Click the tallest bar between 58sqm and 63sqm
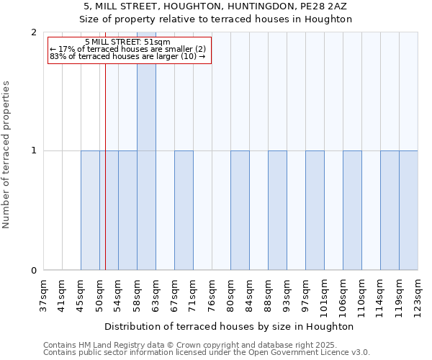click(146, 151)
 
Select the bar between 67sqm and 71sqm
click(184, 210)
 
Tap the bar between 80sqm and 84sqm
click(240, 210)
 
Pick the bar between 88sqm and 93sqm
click(277, 210)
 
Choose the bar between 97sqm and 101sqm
click(315, 210)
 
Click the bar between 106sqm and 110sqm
click(352, 210)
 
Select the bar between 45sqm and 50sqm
click(90, 210)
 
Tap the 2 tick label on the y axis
click(34, 32)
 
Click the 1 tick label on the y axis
click(34, 151)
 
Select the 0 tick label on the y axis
click(34, 271)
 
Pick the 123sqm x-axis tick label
click(418, 296)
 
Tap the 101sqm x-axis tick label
click(324, 296)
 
